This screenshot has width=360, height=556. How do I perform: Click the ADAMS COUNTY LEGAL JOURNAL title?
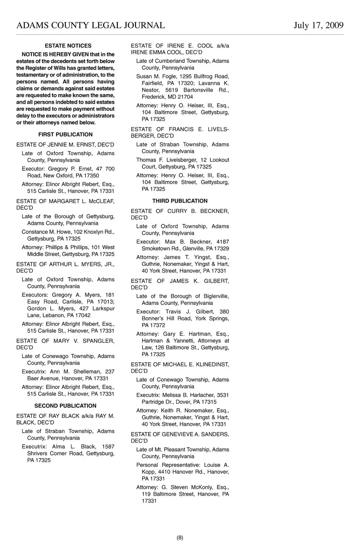point(91,25)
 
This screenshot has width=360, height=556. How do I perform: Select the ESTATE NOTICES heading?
point(68,46)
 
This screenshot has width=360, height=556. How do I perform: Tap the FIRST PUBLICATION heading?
point(65,135)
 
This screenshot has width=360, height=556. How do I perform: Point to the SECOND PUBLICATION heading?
point(65,406)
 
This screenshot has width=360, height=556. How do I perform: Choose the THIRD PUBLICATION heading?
point(180,201)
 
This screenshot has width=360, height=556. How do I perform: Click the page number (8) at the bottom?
point(180,538)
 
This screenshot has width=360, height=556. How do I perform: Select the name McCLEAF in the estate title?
point(101,201)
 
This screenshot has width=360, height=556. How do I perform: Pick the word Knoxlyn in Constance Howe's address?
point(94,232)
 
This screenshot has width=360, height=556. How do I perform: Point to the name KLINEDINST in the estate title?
point(212,364)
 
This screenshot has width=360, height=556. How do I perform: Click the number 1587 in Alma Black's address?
point(108,447)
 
